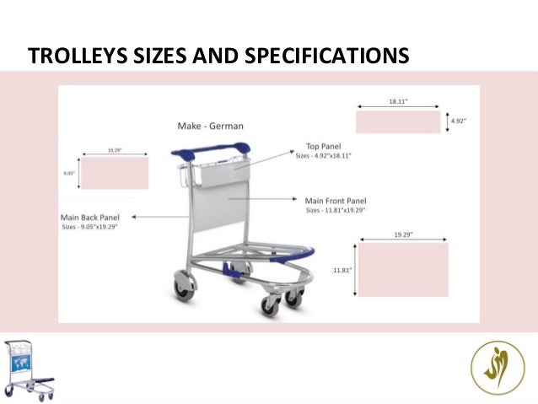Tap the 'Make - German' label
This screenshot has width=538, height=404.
(210, 127)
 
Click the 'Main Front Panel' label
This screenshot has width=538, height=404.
(335, 201)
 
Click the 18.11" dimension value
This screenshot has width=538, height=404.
(398, 101)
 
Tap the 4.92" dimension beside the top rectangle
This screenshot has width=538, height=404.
(459, 121)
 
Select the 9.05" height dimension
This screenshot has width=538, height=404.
(69, 173)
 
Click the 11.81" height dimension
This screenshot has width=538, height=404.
(341, 270)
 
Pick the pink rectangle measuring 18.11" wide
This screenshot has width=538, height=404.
(397, 122)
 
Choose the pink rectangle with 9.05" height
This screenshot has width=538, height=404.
(114, 173)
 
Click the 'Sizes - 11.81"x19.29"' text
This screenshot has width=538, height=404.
(336, 210)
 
